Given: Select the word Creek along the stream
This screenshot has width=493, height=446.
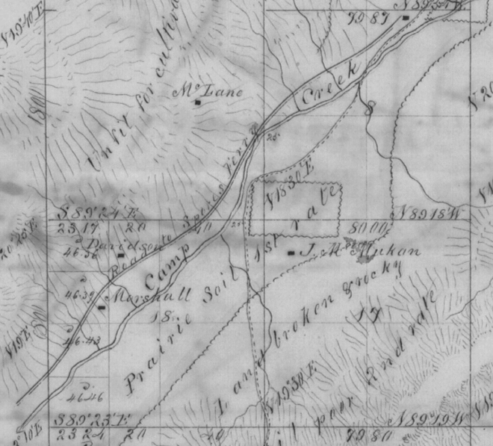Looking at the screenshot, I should (330, 84).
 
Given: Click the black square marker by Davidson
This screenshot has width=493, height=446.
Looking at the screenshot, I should (120, 255).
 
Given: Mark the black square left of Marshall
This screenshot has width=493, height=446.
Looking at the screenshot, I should (101, 306).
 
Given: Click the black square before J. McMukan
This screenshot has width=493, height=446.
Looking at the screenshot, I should (291, 253).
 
